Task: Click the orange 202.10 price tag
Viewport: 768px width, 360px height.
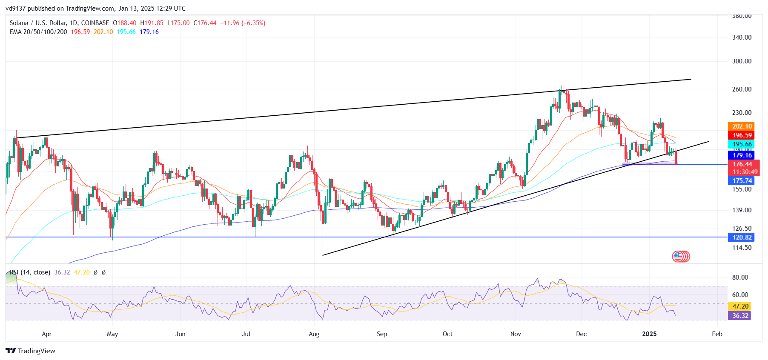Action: (742, 126)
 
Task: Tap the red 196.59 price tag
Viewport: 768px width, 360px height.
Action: (742, 135)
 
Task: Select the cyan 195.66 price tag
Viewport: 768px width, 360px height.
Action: (742, 144)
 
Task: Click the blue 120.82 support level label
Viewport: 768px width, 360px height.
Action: (742, 237)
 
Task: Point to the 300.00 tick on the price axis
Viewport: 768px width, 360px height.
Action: (742, 61)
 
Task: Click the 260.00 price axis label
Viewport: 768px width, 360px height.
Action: (742, 89)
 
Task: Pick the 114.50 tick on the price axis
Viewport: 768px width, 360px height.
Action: (742, 248)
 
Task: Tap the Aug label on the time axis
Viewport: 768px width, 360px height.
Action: (314, 334)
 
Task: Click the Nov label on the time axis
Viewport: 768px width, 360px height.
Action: (516, 334)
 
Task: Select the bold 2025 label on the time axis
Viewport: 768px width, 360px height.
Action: (649, 334)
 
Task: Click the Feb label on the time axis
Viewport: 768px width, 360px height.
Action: (717, 334)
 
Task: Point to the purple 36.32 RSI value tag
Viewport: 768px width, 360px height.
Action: (740, 316)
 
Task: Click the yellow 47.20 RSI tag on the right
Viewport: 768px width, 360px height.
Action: (740, 306)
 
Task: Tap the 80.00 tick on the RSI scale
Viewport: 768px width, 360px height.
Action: (740, 277)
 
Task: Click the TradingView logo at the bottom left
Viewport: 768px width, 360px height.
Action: (31, 351)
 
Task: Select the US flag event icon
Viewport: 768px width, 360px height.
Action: (678, 256)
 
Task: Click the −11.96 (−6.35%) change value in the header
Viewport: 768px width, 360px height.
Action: (243, 23)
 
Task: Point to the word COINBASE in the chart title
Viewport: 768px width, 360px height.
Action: (95, 23)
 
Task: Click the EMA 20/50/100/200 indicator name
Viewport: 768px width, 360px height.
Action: (38, 32)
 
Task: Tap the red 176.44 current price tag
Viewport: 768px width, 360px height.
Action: (742, 164)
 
